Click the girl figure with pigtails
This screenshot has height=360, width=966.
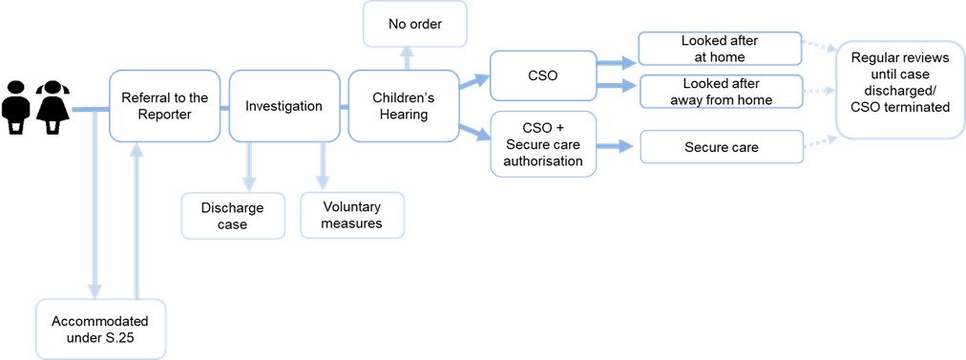pos(52,107)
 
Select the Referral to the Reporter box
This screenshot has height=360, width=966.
pos(165,105)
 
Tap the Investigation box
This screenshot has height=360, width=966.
pos(284,105)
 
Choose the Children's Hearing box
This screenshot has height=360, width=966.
pos(404,105)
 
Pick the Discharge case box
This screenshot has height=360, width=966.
pos(233,216)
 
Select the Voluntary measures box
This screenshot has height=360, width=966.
pos(352,215)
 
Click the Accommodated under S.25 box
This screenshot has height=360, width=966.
pos(100,328)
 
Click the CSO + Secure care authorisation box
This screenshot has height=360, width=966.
pos(543,144)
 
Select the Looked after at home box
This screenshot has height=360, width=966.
pos(720,49)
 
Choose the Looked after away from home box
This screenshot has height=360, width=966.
pos(720,92)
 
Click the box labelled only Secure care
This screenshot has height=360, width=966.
pos(722,147)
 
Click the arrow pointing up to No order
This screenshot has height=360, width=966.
pos(406,58)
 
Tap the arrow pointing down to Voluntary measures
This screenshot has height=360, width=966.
pos(322,166)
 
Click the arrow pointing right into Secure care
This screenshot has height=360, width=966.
pos(616,146)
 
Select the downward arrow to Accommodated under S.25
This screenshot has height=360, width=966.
pos(94,204)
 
